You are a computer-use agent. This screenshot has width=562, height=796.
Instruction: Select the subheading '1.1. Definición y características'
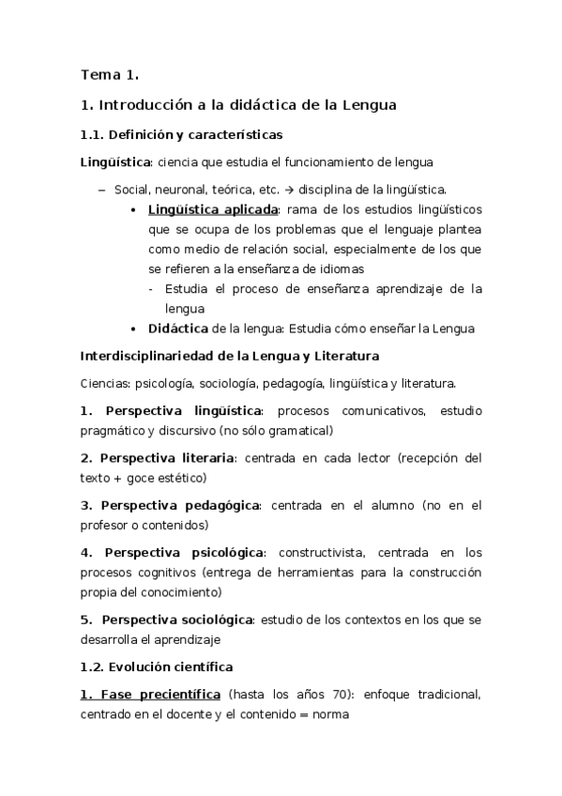(x=182, y=134)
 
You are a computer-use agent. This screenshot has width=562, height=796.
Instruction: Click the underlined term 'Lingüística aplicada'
(x=213, y=209)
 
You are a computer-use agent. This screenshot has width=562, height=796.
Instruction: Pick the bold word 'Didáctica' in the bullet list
(x=178, y=328)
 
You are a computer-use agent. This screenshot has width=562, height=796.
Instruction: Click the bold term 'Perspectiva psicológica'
(x=185, y=553)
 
